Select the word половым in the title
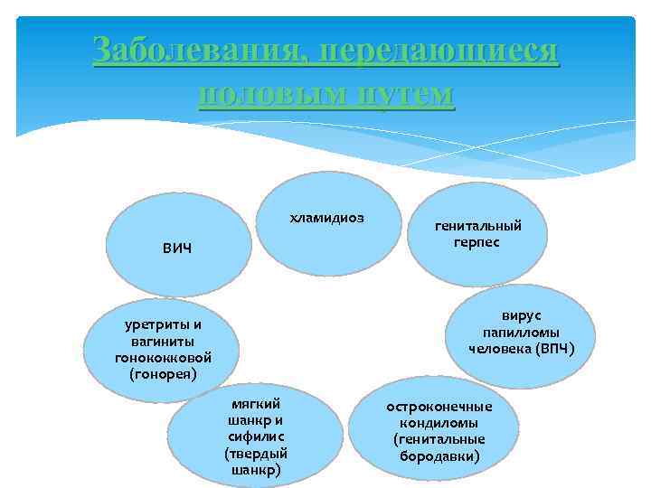[x=269, y=93]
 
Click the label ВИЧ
[x=178, y=248]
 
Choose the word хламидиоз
[x=326, y=218]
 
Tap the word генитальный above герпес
[x=478, y=227]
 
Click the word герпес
[x=477, y=242]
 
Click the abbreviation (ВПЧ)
[x=554, y=348]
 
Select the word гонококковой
[x=163, y=357]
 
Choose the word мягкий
[x=256, y=403]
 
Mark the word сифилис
[x=256, y=436]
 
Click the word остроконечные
[x=439, y=406]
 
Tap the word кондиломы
[x=439, y=422]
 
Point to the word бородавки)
[x=439, y=455]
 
